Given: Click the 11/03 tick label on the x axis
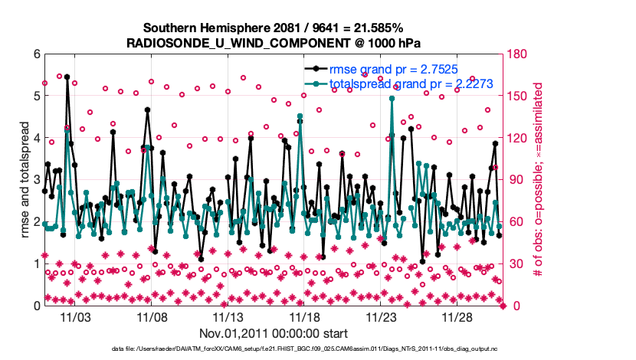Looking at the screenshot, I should pos(75,316).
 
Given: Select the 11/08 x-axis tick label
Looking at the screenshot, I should pos(152,316).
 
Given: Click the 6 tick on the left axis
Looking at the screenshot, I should pos(36,54).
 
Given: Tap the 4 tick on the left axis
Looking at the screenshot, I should pos(36,138).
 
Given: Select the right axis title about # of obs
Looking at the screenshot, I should pos(539,180).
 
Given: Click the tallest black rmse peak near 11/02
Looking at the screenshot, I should pos(67,77).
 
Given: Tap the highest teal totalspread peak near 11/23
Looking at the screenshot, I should pos(392,98).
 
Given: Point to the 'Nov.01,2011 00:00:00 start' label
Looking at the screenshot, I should pos(274,334).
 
